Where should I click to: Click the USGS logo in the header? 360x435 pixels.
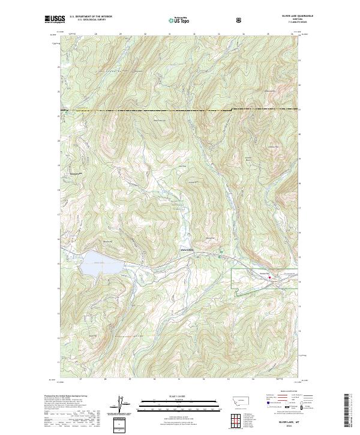55,19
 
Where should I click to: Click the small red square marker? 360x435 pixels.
270,277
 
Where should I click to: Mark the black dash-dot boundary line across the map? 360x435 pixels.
180,111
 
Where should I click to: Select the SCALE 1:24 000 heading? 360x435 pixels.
179,395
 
